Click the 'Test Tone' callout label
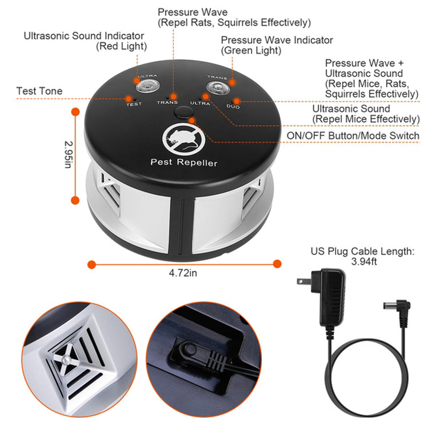pos(39,91)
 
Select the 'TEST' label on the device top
pos(133,105)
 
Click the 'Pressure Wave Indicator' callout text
pos(276,40)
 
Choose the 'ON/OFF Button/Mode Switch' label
pos(353,136)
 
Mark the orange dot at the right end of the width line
pos(277,263)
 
